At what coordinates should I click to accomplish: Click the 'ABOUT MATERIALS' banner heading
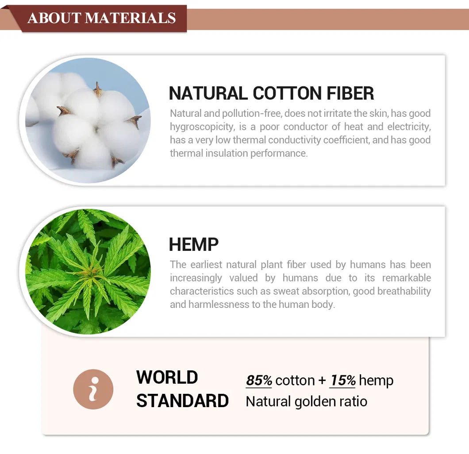coord(101,18)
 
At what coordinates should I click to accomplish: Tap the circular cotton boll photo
coord(88,120)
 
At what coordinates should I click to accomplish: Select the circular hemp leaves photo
coord(88,272)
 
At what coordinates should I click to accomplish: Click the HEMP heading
coord(194,245)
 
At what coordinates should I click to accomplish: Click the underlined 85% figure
coord(259,381)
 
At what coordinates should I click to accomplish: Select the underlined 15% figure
coord(343,381)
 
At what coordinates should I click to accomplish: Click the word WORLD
coord(167,377)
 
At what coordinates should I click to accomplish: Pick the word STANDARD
coord(182,401)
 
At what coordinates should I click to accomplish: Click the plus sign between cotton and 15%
coord(322,381)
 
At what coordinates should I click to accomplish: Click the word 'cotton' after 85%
coord(295,381)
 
